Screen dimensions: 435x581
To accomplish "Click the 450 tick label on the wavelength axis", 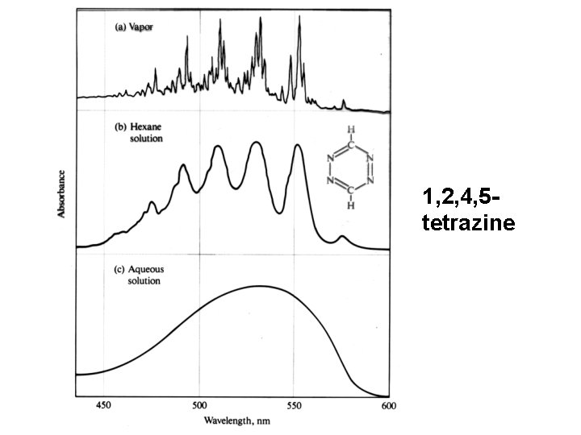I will (x=103, y=407).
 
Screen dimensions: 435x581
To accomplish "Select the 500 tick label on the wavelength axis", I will (x=199, y=407).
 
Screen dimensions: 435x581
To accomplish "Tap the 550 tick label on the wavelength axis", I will (x=294, y=407).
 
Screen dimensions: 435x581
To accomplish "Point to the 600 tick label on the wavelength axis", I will (x=388, y=407).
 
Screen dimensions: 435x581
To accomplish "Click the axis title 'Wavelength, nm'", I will (x=236, y=421).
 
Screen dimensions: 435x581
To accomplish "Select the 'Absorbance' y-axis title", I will (x=61, y=194).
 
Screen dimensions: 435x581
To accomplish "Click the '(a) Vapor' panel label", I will (x=134, y=26).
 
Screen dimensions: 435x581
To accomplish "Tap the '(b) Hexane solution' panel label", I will (x=139, y=133).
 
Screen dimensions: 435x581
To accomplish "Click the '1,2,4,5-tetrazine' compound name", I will (x=467, y=209).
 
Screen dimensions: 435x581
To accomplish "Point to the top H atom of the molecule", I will (x=350, y=130).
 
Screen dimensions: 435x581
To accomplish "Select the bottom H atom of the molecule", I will (x=350, y=205).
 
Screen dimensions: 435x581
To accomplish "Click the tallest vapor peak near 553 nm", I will (x=299, y=17).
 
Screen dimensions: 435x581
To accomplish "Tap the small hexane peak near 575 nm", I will (x=342, y=237).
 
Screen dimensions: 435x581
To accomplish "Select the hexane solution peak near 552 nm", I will (x=298, y=145).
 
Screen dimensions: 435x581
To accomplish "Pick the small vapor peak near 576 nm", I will (x=344, y=101).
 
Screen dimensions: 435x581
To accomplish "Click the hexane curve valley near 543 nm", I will (x=280, y=212).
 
